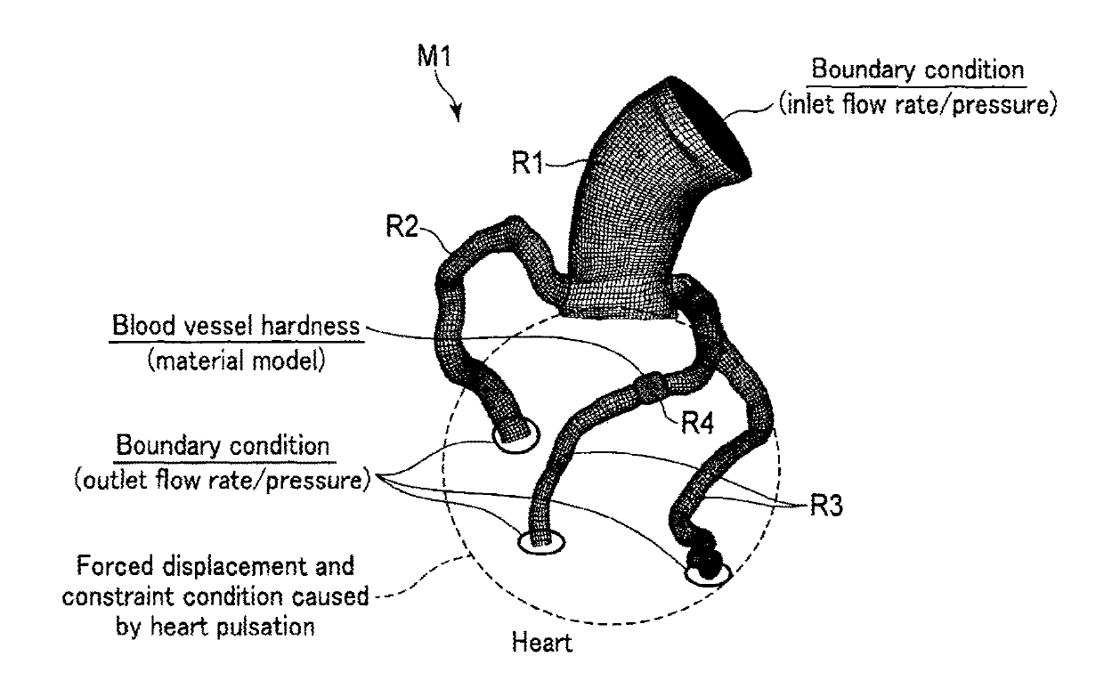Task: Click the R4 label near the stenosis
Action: (x=701, y=423)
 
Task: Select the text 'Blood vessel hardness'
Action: (x=237, y=327)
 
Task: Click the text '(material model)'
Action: (x=236, y=361)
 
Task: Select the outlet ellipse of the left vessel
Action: (x=515, y=436)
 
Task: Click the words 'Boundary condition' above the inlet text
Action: (x=918, y=70)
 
